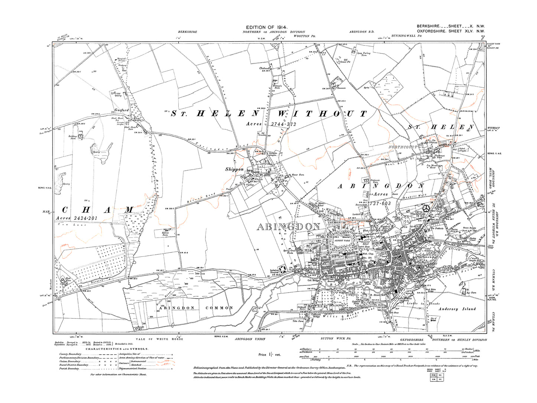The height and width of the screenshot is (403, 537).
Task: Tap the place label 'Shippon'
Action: point(234,170)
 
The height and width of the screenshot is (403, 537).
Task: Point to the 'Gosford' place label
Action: point(122,110)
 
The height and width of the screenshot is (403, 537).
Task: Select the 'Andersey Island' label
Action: point(457,309)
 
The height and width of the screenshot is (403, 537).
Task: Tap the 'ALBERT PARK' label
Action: point(342,241)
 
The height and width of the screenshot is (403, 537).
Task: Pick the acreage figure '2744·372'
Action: point(284,124)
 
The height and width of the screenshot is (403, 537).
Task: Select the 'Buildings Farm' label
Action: point(73,137)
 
